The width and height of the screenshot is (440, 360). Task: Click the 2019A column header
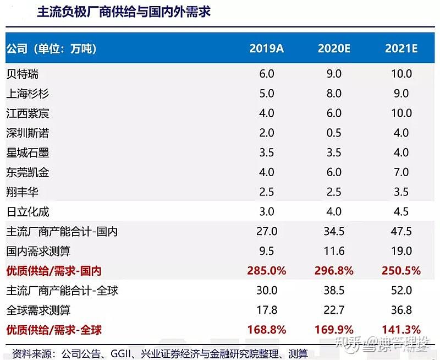(x=266, y=48)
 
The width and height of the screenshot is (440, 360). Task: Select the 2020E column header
(x=334, y=48)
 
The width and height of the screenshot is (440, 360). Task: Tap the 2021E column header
(x=401, y=48)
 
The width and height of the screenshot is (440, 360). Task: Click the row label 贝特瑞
(x=23, y=74)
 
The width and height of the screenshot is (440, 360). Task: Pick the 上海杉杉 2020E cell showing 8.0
(x=334, y=94)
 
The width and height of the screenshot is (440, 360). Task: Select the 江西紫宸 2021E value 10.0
(x=401, y=113)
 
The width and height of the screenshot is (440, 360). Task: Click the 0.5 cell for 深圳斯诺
(x=334, y=133)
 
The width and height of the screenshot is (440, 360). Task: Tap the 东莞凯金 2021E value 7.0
(x=401, y=172)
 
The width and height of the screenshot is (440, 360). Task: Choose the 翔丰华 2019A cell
(x=266, y=192)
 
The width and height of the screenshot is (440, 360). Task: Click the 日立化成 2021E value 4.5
(x=401, y=212)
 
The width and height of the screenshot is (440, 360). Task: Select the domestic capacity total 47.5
(x=401, y=232)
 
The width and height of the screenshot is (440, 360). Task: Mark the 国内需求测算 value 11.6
(x=334, y=252)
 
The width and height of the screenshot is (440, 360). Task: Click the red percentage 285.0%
(x=266, y=271)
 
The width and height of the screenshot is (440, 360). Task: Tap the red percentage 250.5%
(x=401, y=271)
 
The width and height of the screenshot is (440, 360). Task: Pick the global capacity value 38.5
(x=334, y=291)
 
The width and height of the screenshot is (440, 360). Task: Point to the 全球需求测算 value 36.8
(x=401, y=310)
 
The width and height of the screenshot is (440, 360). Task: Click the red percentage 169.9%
(x=334, y=330)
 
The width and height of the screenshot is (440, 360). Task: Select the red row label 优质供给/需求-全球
(x=54, y=330)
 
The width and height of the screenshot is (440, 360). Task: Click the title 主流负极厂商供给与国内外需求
(x=123, y=12)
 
